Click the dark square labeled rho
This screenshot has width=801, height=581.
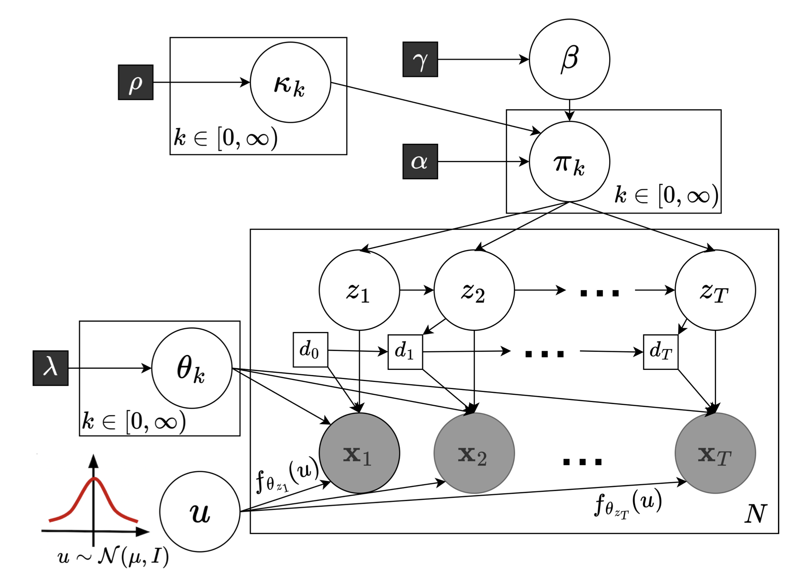pos(135,82)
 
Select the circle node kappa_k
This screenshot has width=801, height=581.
pos(290,82)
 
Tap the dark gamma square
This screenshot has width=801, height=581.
pos(420,59)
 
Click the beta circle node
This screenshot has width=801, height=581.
pos(569,59)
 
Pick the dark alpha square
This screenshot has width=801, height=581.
pos(420,162)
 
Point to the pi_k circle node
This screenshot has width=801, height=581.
pos(569,162)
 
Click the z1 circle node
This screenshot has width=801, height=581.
pos(359,290)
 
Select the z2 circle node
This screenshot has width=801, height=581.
pos(474,290)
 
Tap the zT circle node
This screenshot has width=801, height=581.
pos(715,290)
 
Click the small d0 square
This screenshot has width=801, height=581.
pos(310,350)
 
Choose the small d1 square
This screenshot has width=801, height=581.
pos(405,352)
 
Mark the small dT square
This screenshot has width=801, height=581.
pos(660,352)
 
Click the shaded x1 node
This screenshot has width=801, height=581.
pos(359,453)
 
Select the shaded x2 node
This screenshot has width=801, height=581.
pos(474,453)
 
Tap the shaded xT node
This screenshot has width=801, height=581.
pos(715,453)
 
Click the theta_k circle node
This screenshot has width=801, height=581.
pos(191,368)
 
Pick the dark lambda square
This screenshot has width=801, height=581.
pos(50,368)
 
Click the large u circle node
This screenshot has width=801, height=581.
pos(199,512)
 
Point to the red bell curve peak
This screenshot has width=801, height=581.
pos(94,479)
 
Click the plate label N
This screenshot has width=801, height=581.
pos(755,514)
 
